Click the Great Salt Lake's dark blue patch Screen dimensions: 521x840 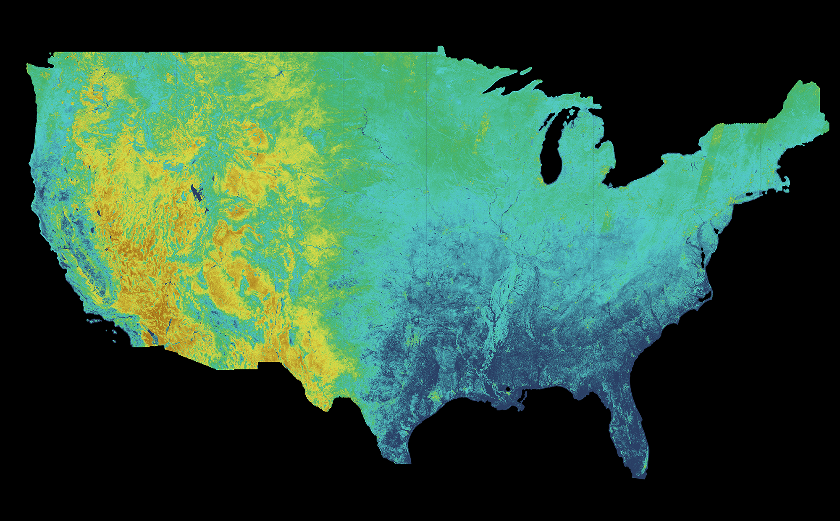coord(196,193)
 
